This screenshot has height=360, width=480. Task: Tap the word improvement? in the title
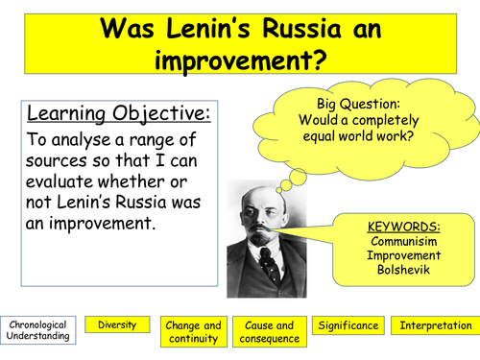click(x=241, y=62)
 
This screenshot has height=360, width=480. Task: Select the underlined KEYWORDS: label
click(x=404, y=228)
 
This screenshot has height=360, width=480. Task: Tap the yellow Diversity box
click(x=117, y=325)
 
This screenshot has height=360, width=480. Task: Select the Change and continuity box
click(x=193, y=331)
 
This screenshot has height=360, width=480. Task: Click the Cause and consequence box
click(x=270, y=331)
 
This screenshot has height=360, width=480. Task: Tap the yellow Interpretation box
click(x=435, y=326)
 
